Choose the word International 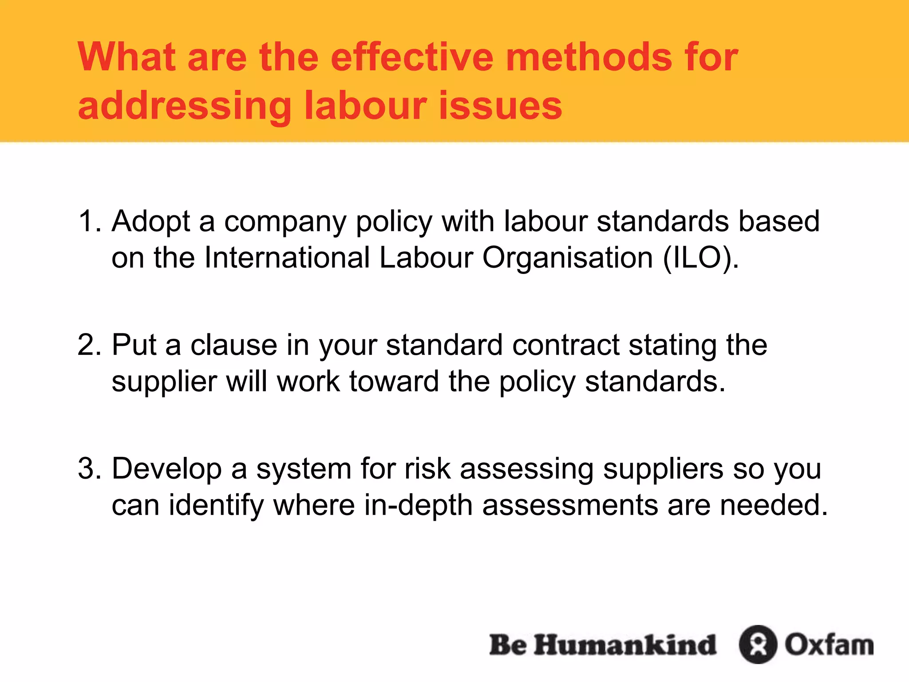(x=287, y=258)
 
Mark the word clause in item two (x=233, y=345)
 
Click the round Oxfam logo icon (x=758, y=644)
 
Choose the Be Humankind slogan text (x=602, y=645)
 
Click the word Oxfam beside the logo (x=829, y=645)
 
